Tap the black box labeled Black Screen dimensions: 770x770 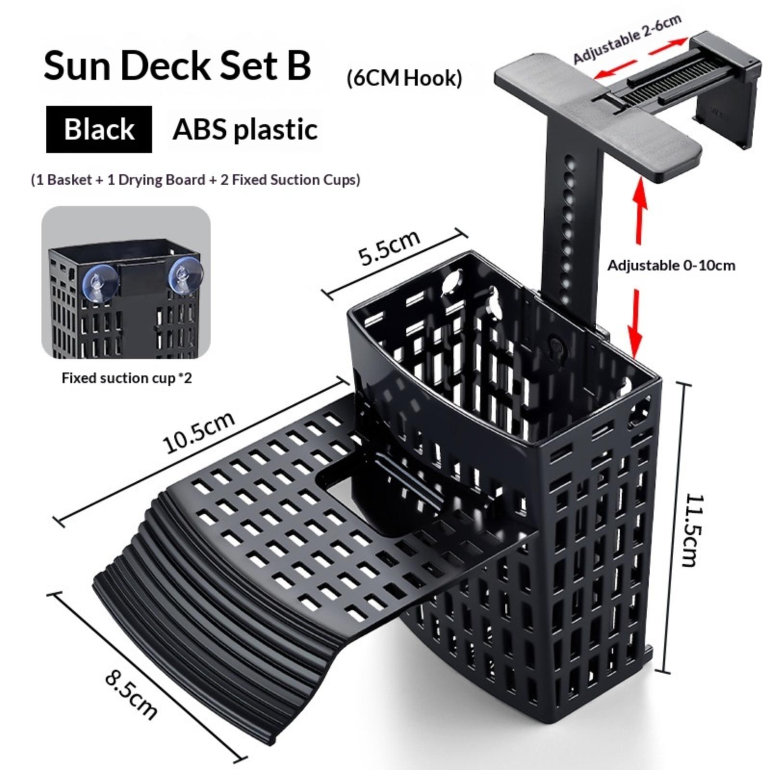coord(99,129)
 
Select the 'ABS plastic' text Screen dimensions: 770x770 coord(245,129)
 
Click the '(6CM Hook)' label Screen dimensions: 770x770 coord(404,78)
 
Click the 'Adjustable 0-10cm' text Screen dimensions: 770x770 coord(671,265)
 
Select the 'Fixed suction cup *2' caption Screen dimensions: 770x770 coord(127,378)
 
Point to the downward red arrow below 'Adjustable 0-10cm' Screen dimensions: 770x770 coord(636,322)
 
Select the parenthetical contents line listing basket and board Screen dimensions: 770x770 coord(195,180)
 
